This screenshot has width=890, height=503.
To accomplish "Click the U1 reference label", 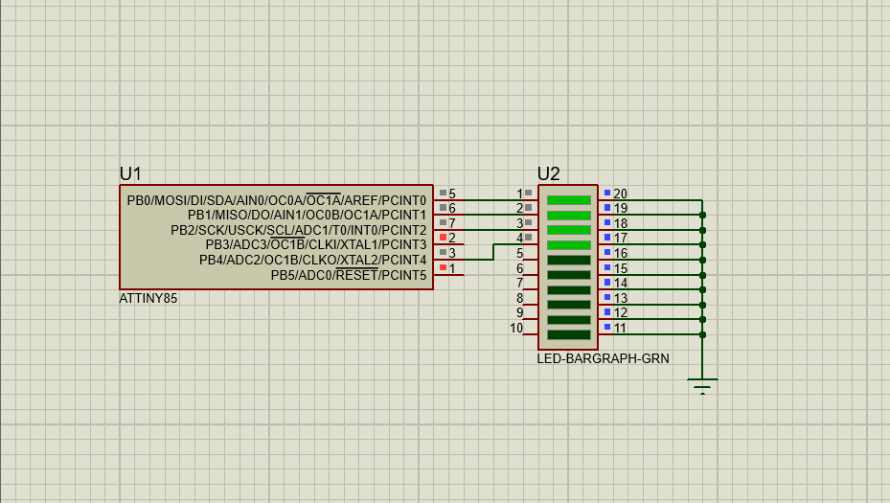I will pyautogui.click(x=130, y=173).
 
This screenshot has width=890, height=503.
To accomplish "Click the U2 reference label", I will pyautogui.click(x=548, y=173).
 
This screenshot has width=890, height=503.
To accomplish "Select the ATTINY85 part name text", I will pyautogui.click(x=148, y=299).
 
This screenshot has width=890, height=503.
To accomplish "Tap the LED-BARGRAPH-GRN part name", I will pyautogui.click(x=603, y=358).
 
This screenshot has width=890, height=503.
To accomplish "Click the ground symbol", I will pyautogui.click(x=702, y=385).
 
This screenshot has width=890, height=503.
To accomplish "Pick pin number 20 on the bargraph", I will pyautogui.click(x=620, y=194).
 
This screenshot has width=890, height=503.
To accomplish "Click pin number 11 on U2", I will pyautogui.click(x=620, y=328).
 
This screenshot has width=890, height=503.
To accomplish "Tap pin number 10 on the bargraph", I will pyautogui.click(x=516, y=328).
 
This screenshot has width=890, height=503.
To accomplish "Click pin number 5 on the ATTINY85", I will pyautogui.click(x=452, y=194).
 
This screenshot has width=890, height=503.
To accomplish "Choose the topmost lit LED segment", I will pyautogui.click(x=568, y=200).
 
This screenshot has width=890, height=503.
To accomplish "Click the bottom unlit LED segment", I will pyautogui.click(x=568, y=334).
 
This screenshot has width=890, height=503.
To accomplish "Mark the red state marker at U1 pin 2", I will pyautogui.click(x=443, y=237).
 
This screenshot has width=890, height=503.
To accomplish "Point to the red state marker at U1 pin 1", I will pyautogui.click(x=443, y=267).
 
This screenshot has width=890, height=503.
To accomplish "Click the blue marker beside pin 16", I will pyautogui.click(x=607, y=252).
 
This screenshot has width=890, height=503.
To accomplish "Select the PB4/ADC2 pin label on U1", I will pyautogui.click(x=312, y=261).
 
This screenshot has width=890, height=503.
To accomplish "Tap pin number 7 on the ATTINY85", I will pyautogui.click(x=452, y=223).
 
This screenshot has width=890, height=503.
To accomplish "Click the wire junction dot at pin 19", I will pyautogui.click(x=702, y=215).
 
